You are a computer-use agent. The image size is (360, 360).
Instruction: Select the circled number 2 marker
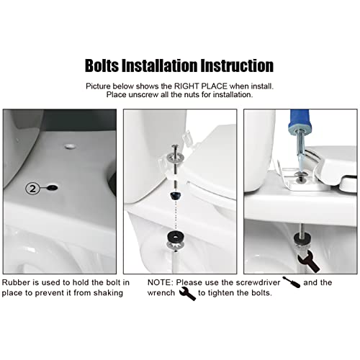32,189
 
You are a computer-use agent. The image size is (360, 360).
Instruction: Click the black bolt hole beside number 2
53,188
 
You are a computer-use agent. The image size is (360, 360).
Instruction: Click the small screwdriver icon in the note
292,282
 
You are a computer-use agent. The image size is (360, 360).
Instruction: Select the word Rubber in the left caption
17,283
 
